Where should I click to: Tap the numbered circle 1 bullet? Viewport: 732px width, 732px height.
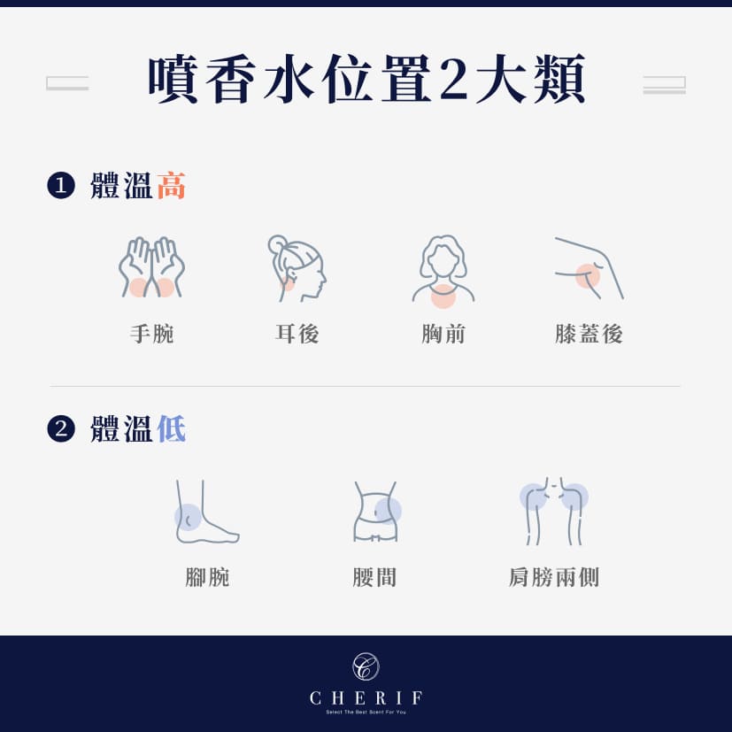coord(60,186)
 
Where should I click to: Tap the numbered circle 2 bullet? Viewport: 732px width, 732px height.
coord(60,429)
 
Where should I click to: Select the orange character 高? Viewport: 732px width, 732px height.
coord(171,186)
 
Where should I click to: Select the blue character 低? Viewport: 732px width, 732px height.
coord(171,429)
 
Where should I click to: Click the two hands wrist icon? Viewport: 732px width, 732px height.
coord(151,267)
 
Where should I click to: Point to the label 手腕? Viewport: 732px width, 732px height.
coord(151,334)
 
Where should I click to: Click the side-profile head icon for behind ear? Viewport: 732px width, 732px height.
coord(297,267)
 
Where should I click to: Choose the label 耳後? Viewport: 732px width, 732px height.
coord(297,334)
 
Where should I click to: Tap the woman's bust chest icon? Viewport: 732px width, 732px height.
coord(443,269)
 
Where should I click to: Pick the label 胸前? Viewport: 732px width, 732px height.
coord(443,334)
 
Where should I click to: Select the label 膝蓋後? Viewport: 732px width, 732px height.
coord(589,334)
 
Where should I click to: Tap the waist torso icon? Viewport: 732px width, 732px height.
coord(376,512)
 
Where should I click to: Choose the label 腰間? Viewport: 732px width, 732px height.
coord(374,578)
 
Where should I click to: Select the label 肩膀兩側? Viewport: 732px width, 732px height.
coord(554,578)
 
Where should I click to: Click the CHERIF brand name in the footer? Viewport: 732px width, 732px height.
coord(366,697)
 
